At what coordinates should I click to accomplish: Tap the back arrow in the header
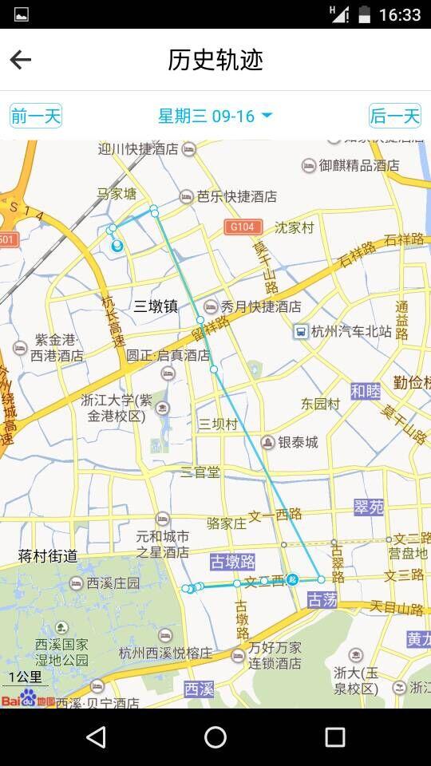[x=21, y=60]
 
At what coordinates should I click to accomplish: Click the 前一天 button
[x=36, y=116]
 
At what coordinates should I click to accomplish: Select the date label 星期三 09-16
[x=215, y=116]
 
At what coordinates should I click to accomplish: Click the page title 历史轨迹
[x=215, y=60]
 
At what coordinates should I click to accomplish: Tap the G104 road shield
[x=243, y=227]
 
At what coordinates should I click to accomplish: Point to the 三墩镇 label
[x=156, y=306]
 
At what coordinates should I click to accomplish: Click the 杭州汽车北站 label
[x=351, y=331]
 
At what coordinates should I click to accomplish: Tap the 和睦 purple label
[x=366, y=391]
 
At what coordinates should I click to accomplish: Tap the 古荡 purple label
[x=322, y=600]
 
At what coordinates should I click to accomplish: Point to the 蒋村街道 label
[x=48, y=555]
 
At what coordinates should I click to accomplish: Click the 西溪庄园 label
[x=111, y=583]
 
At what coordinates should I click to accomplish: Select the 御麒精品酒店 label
[x=359, y=165]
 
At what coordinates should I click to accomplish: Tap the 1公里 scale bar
[x=24, y=679]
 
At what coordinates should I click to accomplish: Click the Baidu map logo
[x=28, y=701]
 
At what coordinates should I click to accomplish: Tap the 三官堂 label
[x=200, y=472]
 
